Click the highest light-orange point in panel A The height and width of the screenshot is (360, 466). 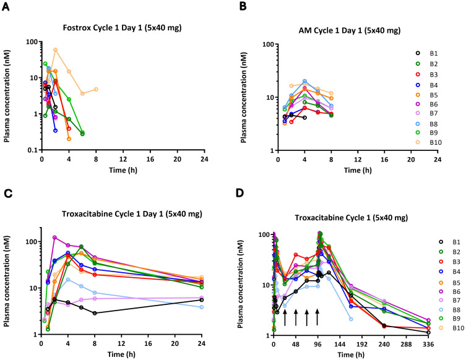56,49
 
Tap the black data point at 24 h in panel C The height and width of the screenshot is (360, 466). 202,300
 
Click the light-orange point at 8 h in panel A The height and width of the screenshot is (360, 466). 96,90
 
